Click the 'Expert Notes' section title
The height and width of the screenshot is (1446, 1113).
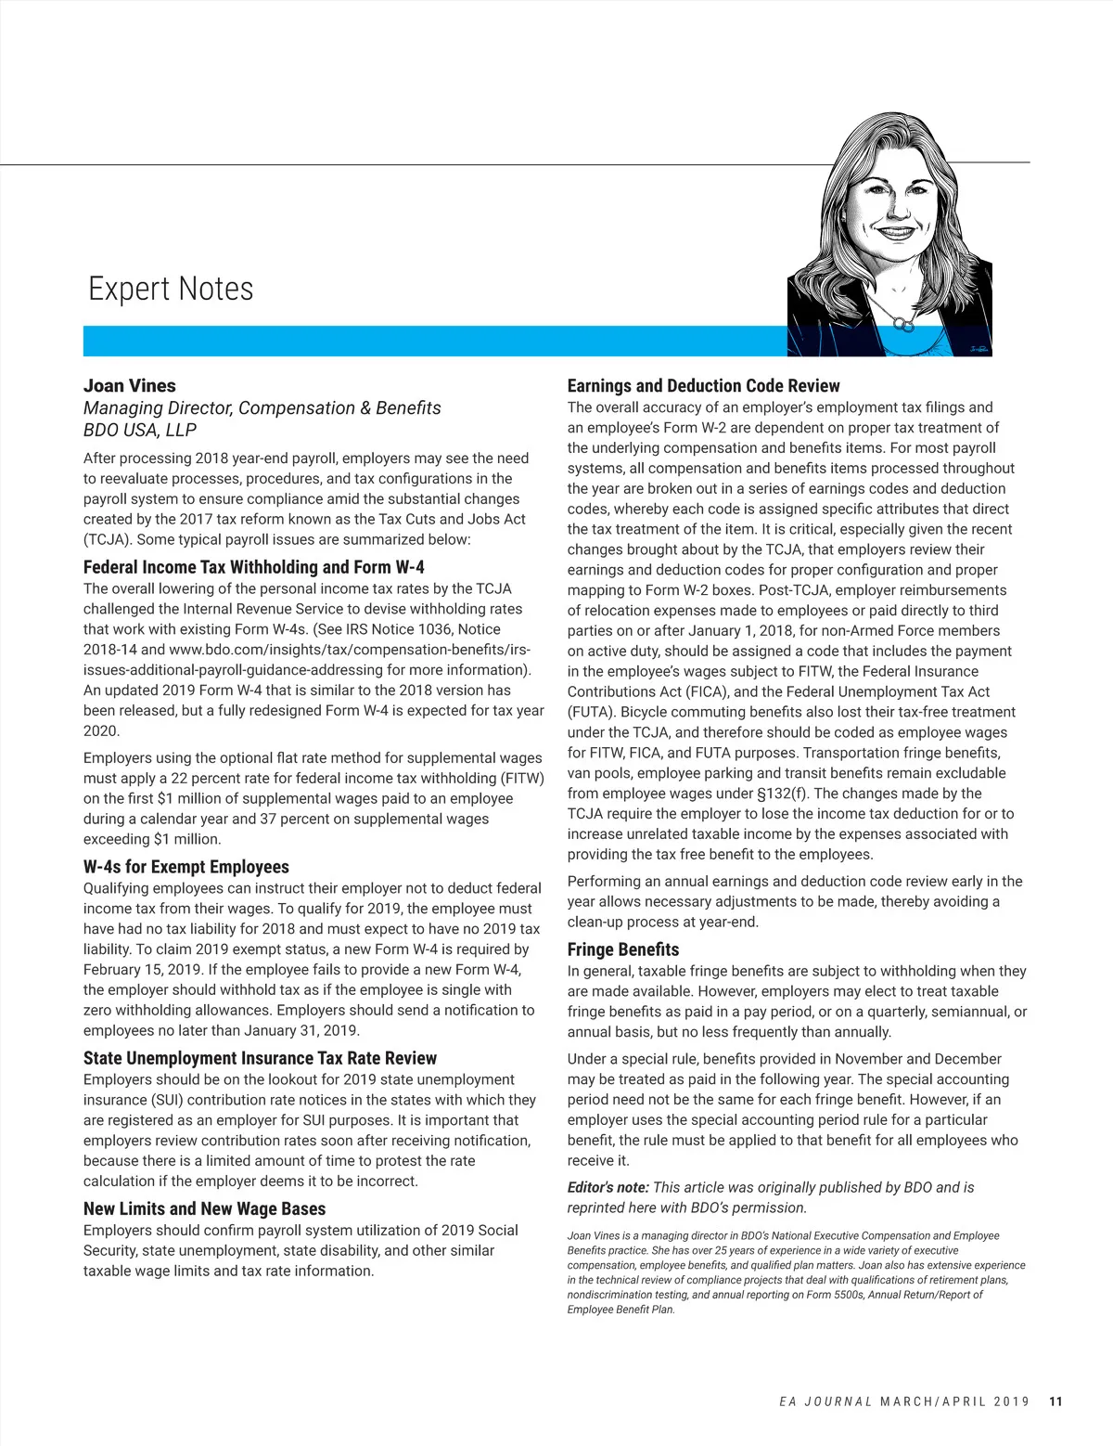pyautogui.click(x=171, y=289)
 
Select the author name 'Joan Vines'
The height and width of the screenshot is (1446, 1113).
pyautogui.click(x=130, y=386)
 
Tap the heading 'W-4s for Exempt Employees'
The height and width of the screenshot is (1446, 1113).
pyautogui.click(x=186, y=867)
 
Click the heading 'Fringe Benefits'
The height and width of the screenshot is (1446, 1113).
pyautogui.click(x=623, y=949)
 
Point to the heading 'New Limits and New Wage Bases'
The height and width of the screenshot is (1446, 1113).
pyautogui.click(x=205, y=1208)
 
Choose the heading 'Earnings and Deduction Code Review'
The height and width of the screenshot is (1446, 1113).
pyautogui.click(x=703, y=386)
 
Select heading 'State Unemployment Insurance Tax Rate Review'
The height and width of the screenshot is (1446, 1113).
pyautogui.click(x=260, y=1058)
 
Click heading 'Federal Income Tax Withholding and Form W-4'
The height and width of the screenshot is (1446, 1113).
pyautogui.click(x=254, y=567)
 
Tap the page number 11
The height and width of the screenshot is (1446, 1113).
pyautogui.click(x=1055, y=1401)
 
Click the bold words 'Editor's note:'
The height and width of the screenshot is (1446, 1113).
pyautogui.click(x=608, y=1187)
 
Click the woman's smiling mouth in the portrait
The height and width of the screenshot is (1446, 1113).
pyautogui.click(x=895, y=232)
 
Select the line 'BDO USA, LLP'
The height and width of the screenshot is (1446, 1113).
pyautogui.click(x=140, y=430)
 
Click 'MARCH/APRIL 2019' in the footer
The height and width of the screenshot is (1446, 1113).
pyautogui.click(x=954, y=1401)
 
